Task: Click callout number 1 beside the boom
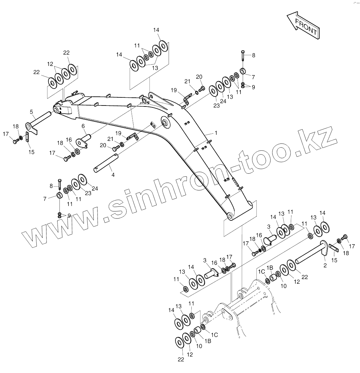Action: click(216, 133)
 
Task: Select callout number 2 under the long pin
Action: click(325, 266)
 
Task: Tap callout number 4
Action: click(113, 175)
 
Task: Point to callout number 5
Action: click(32, 112)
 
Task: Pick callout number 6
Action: click(83, 126)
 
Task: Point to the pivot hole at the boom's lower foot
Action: click(230, 217)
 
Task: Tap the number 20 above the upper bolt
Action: click(199, 77)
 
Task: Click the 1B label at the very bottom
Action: click(208, 341)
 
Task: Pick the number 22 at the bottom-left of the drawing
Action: click(181, 359)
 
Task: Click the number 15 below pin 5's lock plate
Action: click(31, 152)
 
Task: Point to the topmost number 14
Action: click(156, 30)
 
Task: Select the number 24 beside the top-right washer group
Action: click(223, 101)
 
